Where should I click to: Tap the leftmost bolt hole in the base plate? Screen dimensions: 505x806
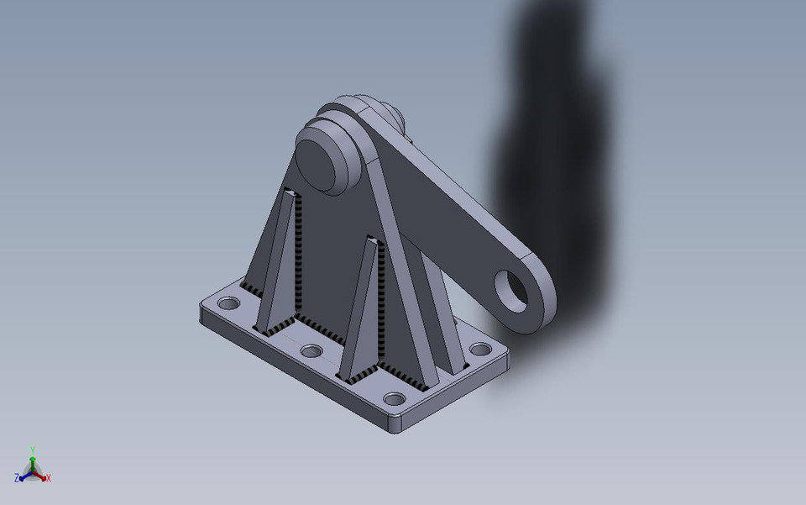[227, 302]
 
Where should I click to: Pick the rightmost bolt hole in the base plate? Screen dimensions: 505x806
[480, 349]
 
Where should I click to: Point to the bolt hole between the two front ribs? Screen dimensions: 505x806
[311, 350]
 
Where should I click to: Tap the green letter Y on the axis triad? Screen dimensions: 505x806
[32, 450]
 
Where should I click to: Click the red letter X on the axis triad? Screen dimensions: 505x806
[49, 478]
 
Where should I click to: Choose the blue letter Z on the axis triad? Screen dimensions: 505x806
[16, 477]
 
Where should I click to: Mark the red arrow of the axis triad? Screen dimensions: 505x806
[41, 475]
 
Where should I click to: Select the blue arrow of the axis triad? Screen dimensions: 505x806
[24, 475]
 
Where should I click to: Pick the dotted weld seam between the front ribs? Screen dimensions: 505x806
[319, 324]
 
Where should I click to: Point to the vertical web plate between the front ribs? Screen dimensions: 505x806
[332, 252]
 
